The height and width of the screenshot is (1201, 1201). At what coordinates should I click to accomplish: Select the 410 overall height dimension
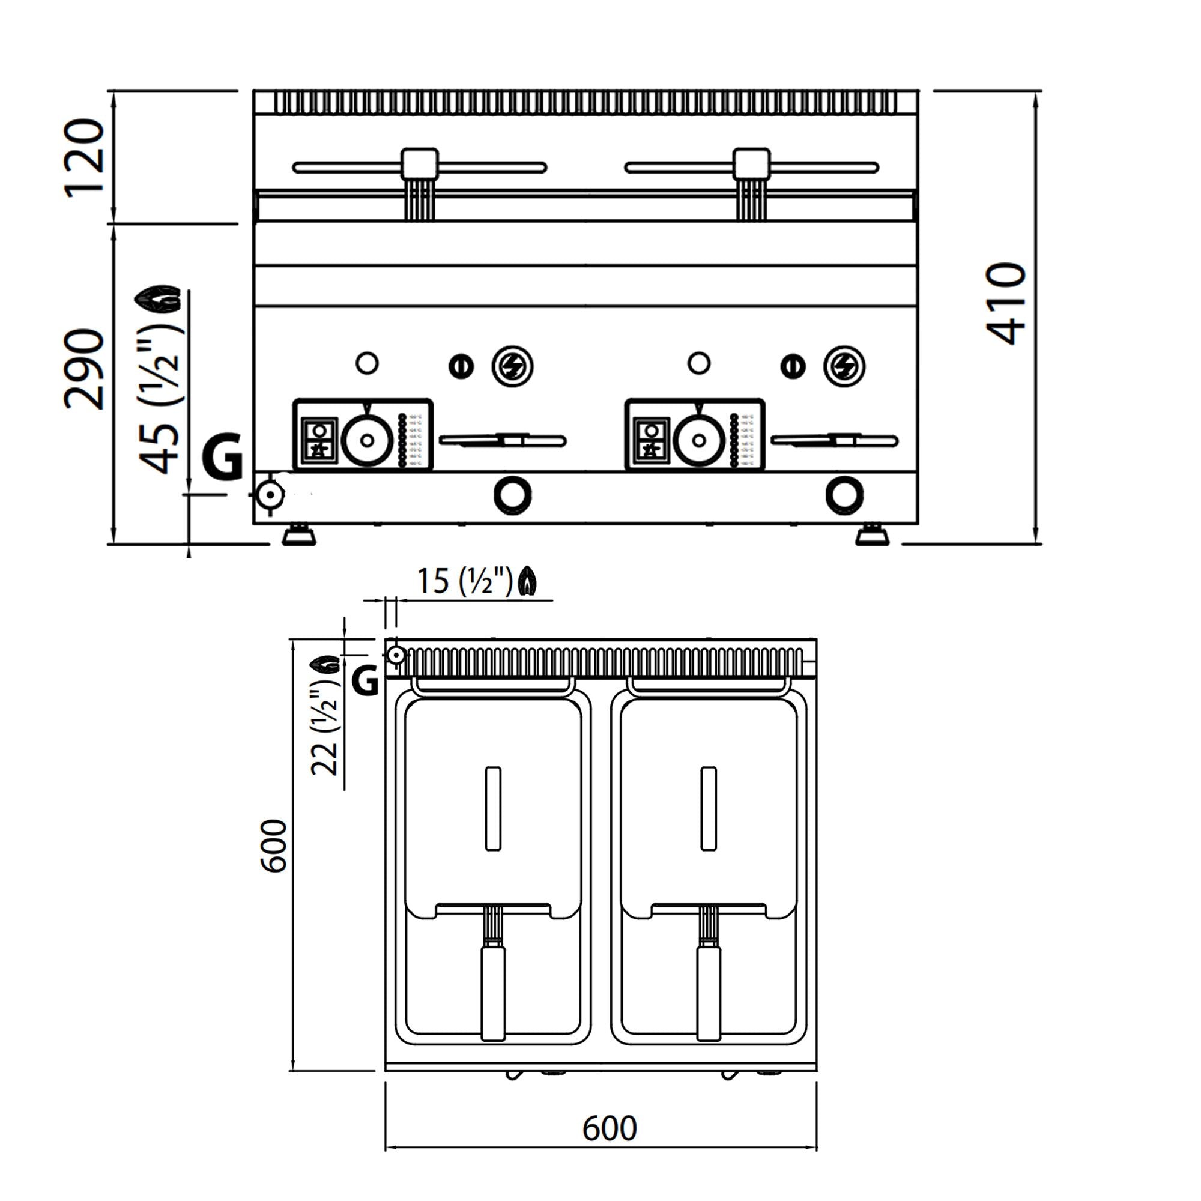(x=1005, y=303)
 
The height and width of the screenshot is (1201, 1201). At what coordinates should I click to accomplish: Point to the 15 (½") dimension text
(x=464, y=582)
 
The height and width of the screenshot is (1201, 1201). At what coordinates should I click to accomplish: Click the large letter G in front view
(x=222, y=458)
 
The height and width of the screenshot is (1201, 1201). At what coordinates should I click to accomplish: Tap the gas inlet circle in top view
(x=395, y=655)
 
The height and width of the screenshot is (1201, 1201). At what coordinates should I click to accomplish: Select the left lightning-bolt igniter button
(x=512, y=366)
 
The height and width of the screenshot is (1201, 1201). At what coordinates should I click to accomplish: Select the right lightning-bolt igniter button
(x=844, y=366)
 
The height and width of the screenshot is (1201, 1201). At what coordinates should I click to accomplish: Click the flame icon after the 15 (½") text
(x=528, y=582)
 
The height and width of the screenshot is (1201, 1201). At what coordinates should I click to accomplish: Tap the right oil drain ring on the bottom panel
(x=844, y=495)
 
